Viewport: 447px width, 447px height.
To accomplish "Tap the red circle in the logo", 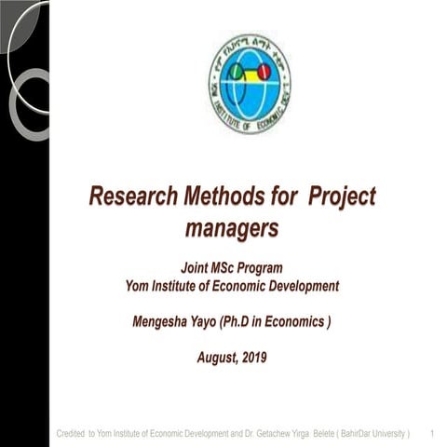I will pyautogui.click(x=264, y=71).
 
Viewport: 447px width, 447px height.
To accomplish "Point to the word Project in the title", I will pyautogui.click(x=341, y=197).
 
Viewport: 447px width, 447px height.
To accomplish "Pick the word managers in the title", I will pyautogui.click(x=232, y=225).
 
